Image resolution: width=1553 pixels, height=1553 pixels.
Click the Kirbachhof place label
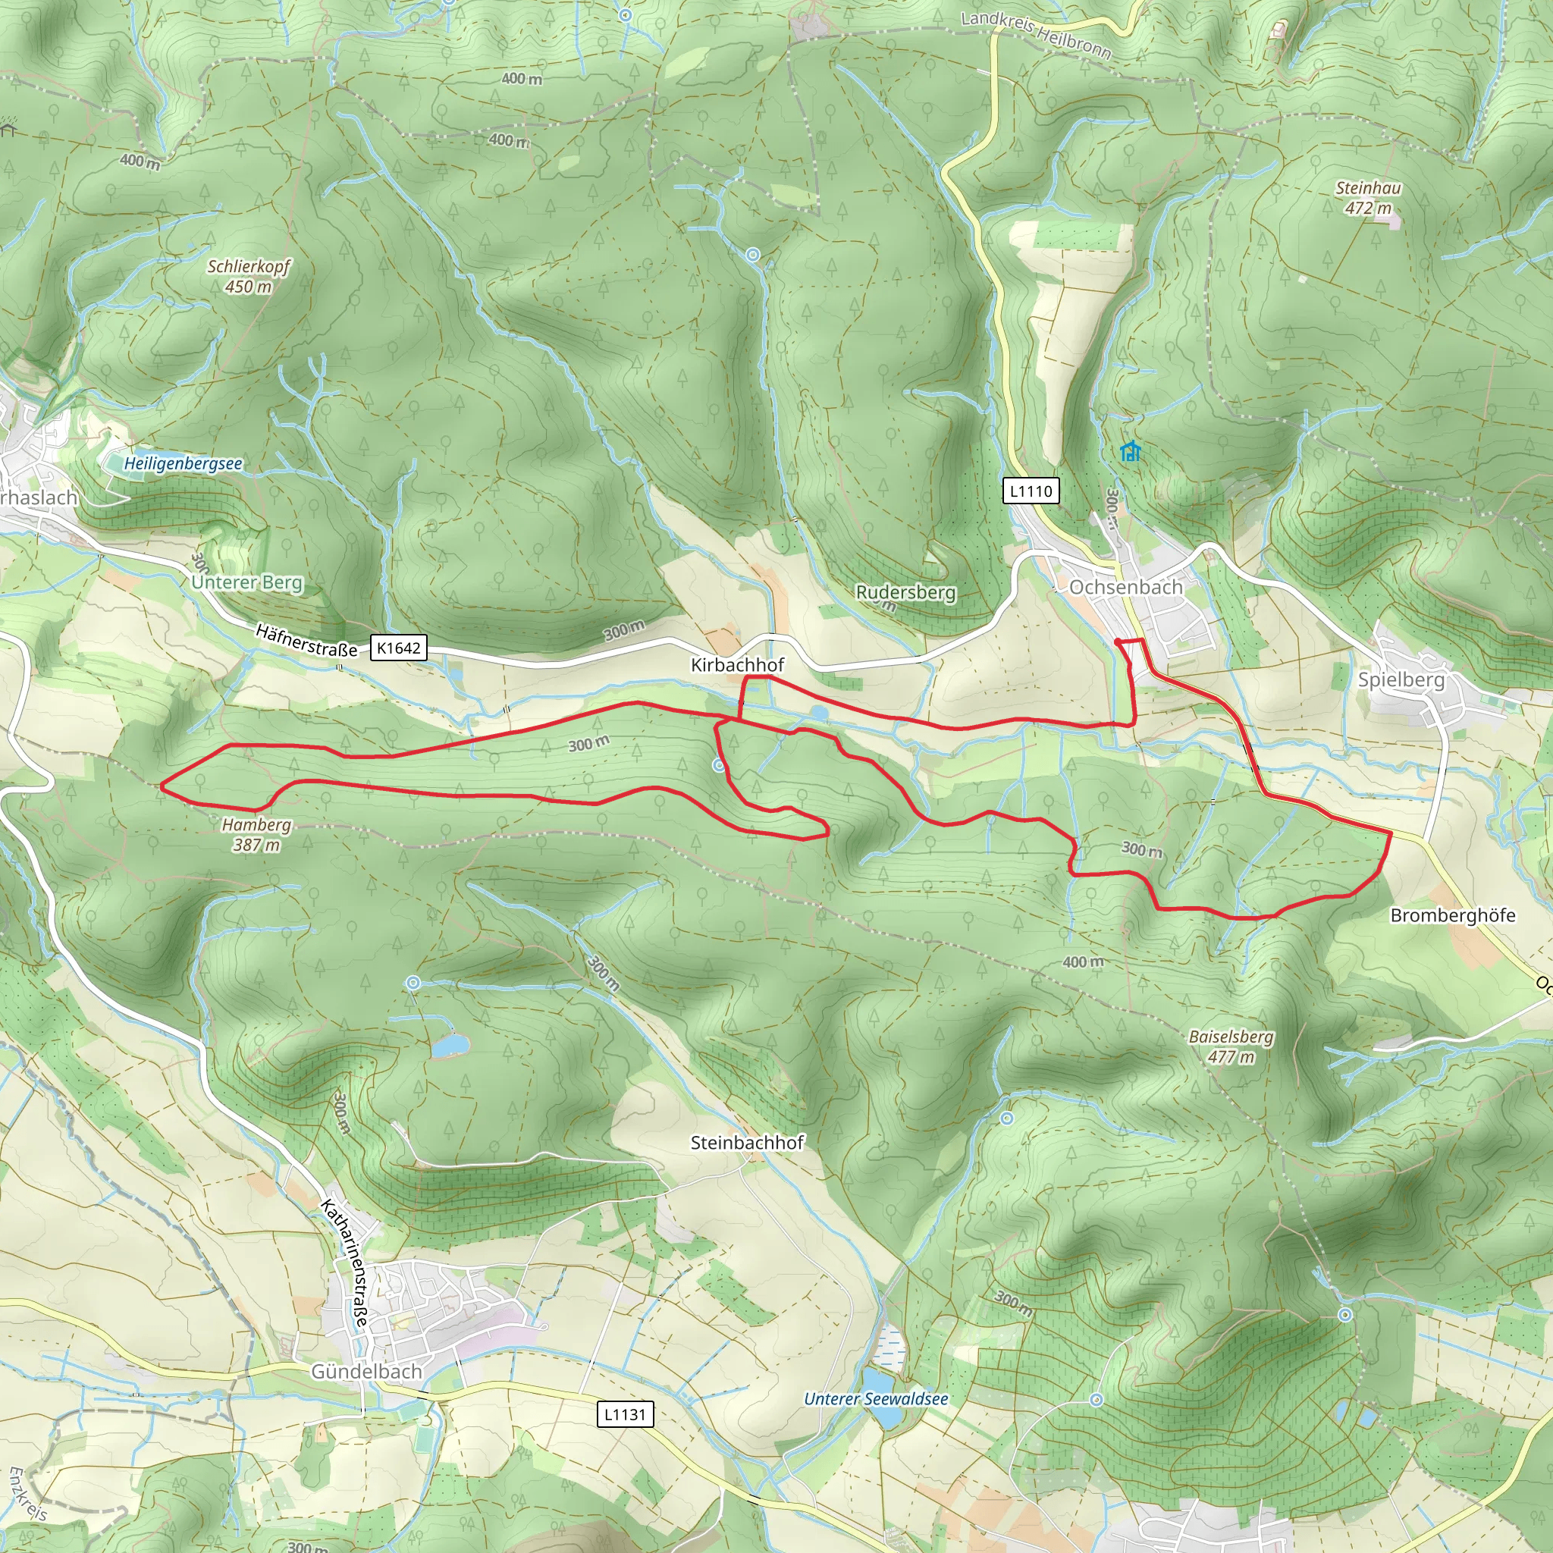[737, 665]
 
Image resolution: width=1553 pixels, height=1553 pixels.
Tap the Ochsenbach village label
[1125, 588]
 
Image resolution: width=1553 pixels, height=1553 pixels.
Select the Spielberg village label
[1401, 680]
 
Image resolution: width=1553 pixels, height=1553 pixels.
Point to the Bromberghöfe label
[1452, 915]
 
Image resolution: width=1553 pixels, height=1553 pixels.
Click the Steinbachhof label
[747, 1142]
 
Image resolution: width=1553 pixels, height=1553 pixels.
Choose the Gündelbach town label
[366, 1372]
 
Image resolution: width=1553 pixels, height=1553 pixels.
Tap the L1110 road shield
[1031, 491]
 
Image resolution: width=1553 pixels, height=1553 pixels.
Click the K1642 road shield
[398, 648]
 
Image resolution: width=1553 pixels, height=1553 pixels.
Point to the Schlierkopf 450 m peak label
[249, 276]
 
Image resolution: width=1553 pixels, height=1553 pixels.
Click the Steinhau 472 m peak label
[1368, 198]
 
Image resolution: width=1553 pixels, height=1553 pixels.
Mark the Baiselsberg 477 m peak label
[1231, 1046]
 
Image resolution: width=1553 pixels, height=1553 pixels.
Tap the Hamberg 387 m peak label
[256, 834]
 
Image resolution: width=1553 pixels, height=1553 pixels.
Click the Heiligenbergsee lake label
[183, 464]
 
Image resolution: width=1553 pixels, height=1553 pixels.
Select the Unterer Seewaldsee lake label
[875, 1398]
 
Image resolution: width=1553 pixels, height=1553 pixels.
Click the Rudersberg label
[905, 592]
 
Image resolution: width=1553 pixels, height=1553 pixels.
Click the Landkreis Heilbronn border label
[1036, 35]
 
